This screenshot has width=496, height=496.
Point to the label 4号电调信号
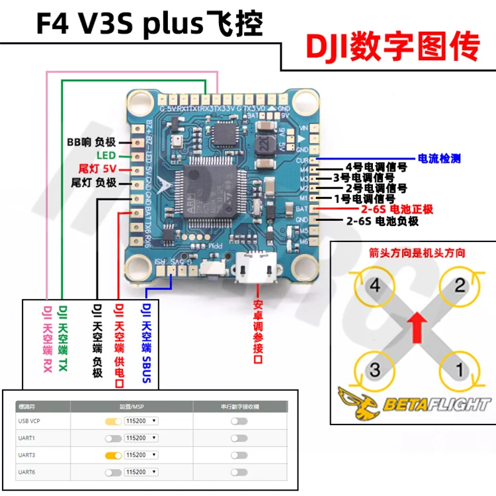(x=370, y=168)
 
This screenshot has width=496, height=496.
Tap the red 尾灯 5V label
(x=97, y=168)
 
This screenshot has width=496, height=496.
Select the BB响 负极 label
(x=91, y=142)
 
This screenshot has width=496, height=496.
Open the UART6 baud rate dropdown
(x=141, y=472)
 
